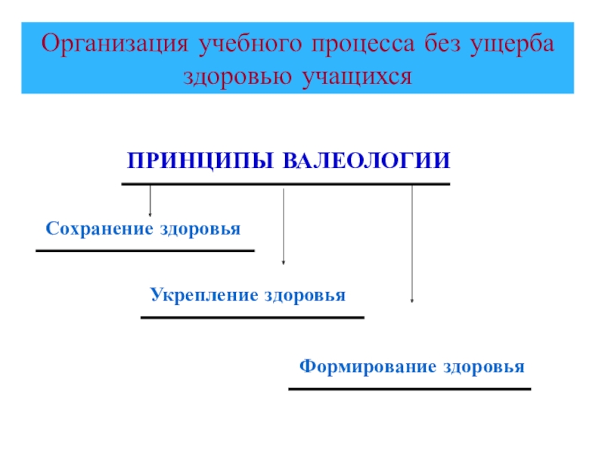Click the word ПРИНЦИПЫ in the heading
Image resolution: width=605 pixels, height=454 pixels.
click(202, 161)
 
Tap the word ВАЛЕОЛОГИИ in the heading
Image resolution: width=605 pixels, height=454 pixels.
click(367, 161)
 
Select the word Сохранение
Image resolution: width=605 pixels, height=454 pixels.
click(97, 229)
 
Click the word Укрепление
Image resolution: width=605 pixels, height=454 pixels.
click(203, 294)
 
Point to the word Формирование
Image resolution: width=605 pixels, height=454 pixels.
click(358, 367)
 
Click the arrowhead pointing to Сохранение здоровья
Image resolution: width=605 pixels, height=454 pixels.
click(150, 215)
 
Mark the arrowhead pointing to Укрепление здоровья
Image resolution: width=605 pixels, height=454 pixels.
click(283, 262)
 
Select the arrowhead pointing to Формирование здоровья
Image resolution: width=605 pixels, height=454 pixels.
click(412, 300)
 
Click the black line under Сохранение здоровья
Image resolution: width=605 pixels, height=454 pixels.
click(144, 250)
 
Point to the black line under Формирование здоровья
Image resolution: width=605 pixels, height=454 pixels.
click(409, 389)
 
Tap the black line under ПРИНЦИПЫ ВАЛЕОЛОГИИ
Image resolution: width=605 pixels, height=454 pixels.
click(285, 184)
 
